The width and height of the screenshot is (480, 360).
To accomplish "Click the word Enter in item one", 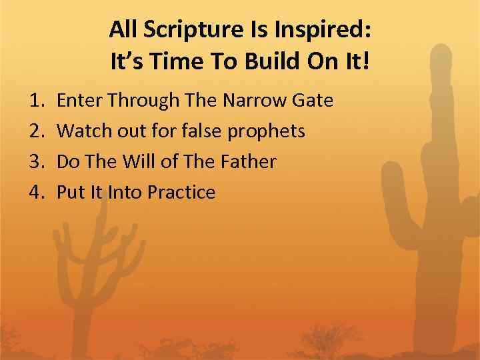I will pos(77,101).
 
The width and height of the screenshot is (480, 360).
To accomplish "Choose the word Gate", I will pos(313,101).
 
